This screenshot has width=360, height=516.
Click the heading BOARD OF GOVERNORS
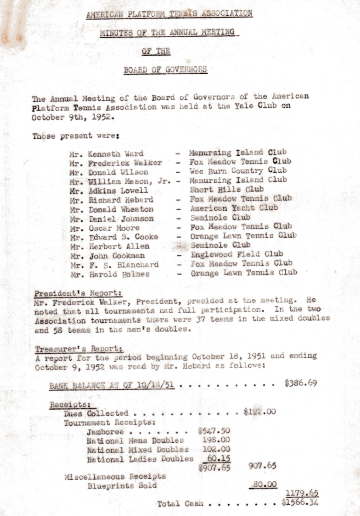165,70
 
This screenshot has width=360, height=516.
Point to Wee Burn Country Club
238,171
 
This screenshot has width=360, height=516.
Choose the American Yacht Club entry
234,208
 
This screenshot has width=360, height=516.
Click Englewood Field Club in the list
237,254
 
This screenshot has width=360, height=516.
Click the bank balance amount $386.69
300,383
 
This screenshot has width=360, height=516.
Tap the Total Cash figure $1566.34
301,502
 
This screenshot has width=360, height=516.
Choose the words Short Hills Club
227,189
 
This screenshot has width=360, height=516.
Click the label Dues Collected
96,413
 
